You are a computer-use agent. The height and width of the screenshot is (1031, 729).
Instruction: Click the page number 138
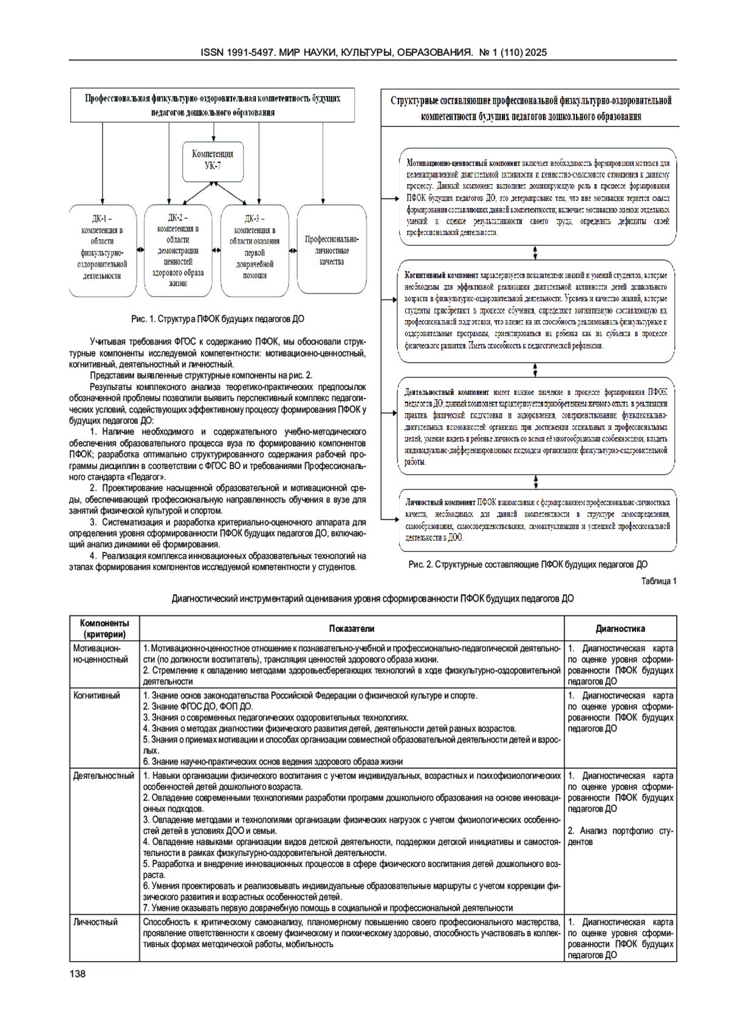click(x=78, y=974)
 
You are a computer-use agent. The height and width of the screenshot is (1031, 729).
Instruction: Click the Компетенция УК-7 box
click(x=213, y=159)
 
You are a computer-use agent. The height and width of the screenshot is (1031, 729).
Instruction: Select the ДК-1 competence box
click(x=102, y=250)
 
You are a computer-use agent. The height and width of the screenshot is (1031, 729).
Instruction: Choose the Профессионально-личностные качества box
click(x=332, y=250)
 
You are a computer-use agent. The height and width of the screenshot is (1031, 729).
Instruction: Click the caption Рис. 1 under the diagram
click(x=217, y=319)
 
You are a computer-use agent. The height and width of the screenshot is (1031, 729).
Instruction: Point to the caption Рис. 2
click(x=527, y=564)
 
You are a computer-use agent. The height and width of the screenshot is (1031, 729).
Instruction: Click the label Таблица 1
click(x=659, y=581)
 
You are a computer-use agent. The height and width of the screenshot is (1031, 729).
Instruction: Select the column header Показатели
click(x=352, y=628)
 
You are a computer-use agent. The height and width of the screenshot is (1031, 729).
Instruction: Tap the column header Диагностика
click(x=620, y=628)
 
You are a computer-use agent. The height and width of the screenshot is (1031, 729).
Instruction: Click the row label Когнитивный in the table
click(x=97, y=696)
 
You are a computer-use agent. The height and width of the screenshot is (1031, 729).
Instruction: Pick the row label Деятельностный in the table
click(x=103, y=776)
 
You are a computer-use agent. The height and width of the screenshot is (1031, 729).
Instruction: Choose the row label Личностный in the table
click(x=95, y=922)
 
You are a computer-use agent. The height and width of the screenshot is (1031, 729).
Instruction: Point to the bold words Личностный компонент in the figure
click(x=440, y=503)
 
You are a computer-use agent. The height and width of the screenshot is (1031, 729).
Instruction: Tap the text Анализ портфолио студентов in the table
click(x=620, y=836)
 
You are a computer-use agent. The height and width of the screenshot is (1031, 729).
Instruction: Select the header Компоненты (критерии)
click(x=104, y=628)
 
